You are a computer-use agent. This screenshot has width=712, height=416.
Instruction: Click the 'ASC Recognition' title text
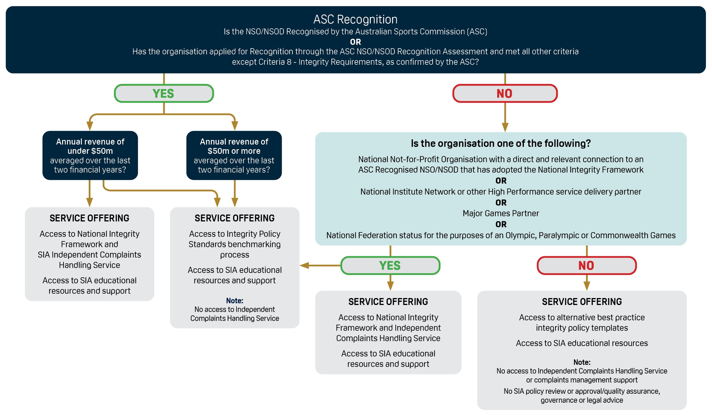tap(355, 20)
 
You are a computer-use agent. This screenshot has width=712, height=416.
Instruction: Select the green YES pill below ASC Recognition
tap(164, 93)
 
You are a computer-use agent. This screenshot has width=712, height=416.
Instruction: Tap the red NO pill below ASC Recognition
tap(505, 93)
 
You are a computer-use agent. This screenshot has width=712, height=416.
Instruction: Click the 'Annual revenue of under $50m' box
tap(90, 156)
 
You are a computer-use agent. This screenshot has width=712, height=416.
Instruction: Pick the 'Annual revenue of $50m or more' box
tap(234, 156)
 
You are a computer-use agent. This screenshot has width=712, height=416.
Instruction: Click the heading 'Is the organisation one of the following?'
tap(501, 143)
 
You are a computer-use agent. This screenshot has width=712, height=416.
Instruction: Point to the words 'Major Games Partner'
tap(501, 213)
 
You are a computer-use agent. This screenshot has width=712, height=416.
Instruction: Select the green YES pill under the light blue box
tap(390, 265)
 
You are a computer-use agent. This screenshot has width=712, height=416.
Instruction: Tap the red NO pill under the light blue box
tap(587, 265)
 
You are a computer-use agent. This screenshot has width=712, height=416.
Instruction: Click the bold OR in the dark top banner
tap(355, 42)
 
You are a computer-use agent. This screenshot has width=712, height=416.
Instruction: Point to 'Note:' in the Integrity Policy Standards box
tap(235, 301)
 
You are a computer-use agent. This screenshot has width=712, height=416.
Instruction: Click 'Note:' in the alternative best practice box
tap(582, 362)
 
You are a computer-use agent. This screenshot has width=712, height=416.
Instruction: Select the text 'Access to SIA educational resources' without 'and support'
tap(582, 343)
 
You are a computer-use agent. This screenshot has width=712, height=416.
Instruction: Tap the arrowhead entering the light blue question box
tap(505, 127)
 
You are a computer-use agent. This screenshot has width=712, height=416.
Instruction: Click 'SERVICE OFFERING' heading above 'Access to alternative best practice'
tap(582, 302)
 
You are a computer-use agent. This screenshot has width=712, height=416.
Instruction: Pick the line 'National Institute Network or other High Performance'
tap(501, 192)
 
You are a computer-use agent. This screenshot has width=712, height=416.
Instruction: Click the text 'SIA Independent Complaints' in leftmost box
tap(90, 255)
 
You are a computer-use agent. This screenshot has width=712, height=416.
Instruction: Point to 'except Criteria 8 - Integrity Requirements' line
tap(355, 62)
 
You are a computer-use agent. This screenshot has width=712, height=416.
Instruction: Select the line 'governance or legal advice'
tap(582, 400)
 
